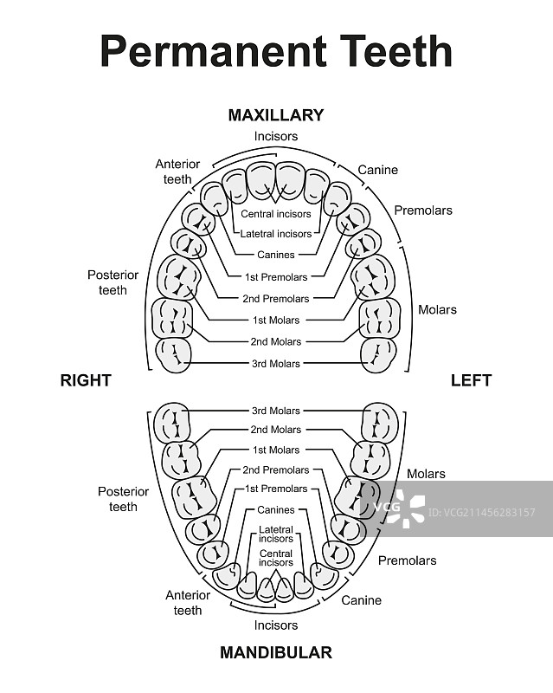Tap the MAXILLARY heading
point(276,114)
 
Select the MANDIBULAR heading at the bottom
point(276,652)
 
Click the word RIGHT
point(86,379)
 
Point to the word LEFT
point(471,379)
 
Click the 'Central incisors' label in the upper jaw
point(276,214)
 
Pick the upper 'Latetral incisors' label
point(276,234)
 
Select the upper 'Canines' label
point(276,255)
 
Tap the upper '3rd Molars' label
point(276,364)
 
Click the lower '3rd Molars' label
point(276,410)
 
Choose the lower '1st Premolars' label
point(276,489)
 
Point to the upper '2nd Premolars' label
point(276,299)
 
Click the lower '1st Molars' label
point(276,450)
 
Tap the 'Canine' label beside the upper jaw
point(378,170)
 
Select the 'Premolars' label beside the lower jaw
point(408,560)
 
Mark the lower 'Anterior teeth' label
point(188,602)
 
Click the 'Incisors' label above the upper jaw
point(276,136)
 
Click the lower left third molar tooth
point(380,422)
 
